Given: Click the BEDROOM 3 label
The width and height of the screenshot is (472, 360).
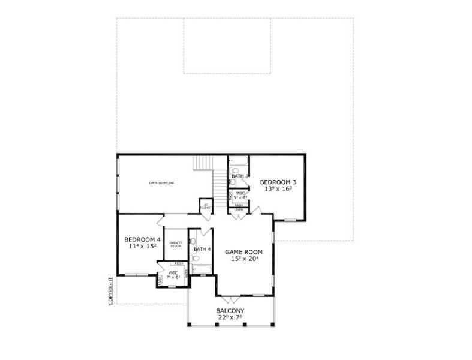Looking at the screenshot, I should [x=278, y=182].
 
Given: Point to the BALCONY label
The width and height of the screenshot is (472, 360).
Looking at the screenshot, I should [x=230, y=311].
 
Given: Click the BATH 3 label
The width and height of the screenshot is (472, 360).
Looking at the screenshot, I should [x=240, y=176].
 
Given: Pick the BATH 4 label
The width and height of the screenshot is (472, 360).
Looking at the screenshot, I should [x=202, y=249].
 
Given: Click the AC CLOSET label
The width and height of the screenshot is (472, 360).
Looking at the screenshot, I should [x=205, y=206].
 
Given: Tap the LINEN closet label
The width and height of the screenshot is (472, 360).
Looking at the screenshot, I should [x=239, y=209].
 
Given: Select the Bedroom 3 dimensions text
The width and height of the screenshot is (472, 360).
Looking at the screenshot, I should [x=278, y=188].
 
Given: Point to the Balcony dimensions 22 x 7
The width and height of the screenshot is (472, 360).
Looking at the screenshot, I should [x=230, y=317].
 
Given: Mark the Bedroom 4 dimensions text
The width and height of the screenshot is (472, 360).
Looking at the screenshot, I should [x=142, y=246].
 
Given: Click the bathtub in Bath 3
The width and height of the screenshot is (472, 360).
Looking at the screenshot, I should [x=240, y=161].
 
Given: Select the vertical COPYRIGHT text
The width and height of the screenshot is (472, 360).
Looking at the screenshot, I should [x=111, y=291].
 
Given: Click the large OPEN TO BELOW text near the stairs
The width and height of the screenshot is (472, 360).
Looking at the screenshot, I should [x=162, y=182].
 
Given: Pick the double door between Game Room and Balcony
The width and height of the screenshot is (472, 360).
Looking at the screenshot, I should [x=229, y=298].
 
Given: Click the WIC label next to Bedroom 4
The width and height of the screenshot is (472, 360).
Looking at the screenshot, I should [x=173, y=273].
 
